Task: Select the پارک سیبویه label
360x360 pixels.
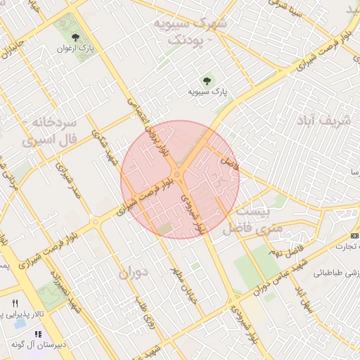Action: tap(208, 91)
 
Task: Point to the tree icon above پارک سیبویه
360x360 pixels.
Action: tap(206, 80)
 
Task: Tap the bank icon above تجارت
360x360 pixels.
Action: tap(353, 236)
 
